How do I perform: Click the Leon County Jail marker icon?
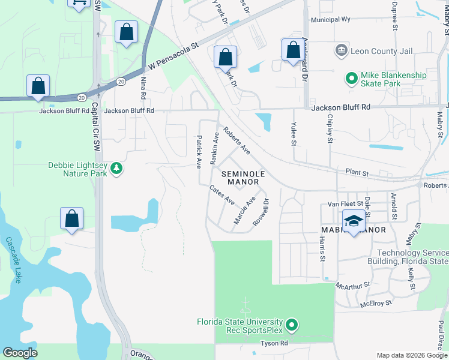pos(341,49)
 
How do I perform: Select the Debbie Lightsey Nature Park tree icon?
pos(116,169)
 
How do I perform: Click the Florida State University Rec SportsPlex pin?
pos(292,326)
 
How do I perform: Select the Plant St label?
pos(357,173)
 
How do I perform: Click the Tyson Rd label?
pos(274,343)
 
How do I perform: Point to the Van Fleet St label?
pos(342,205)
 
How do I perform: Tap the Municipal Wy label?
pos(330,20)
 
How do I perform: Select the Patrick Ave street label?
pos(197,151)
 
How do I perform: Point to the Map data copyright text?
pos(412,355)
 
